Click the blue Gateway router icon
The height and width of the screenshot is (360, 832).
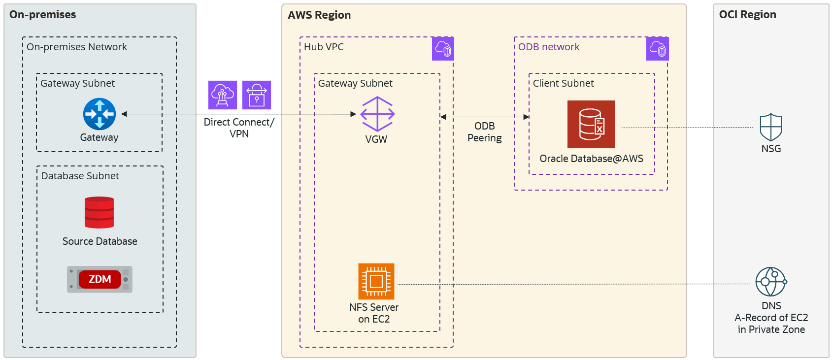pos(100,114)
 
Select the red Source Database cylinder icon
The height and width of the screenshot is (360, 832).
pos(99,213)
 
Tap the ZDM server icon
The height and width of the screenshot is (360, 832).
pos(100,279)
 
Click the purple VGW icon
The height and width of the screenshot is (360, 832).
pos(377,114)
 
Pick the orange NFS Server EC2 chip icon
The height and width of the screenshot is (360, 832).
pos(376,281)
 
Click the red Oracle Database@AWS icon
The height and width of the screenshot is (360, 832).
pos(591,124)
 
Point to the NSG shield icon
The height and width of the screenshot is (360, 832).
pos(771,128)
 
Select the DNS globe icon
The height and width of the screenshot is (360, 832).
pos(771,282)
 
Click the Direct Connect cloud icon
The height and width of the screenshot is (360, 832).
pos(223,95)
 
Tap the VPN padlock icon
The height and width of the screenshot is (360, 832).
pos(257,95)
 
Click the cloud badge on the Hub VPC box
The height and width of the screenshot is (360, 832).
pos(443,49)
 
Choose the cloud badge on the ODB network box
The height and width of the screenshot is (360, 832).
pos(657,49)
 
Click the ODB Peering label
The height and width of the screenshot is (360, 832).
pos(485,132)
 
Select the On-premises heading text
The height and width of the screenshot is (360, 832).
pos(43,15)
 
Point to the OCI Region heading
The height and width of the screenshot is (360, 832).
pos(747,15)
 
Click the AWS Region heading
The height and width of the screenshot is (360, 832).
pos(319,15)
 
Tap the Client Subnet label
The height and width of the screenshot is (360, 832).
pos(563,83)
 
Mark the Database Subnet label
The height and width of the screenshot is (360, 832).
pos(80,176)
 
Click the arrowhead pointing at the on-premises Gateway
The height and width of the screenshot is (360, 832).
pos(124,114)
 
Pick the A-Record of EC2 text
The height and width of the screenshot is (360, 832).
pos(771,318)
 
